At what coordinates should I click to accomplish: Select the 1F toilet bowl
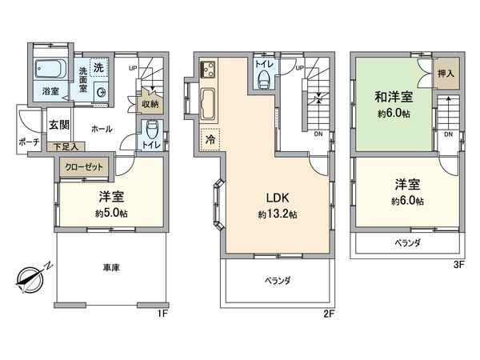pyautogui.click(x=152, y=130)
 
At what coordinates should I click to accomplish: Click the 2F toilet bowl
pyautogui.click(x=265, y=77)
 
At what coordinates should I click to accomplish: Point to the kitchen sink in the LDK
pyautogui.click(x=210, y=104)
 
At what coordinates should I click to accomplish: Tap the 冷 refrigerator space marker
pyautogui.click(x=210, y=137)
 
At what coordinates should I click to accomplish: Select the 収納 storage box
pyautogui.click(x=150, y=103)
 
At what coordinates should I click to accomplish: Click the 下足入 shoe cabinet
pyautogui.click(x=66, y=146)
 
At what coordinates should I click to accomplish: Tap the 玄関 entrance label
pyautogui.click(x=58, y=124)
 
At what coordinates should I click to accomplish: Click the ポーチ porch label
pyautogui.click(x=24, y=142)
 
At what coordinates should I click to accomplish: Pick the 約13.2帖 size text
pyautogui.click(x=278, y=214)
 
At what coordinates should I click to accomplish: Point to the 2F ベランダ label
pyautogui.click(x=277, y=281)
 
